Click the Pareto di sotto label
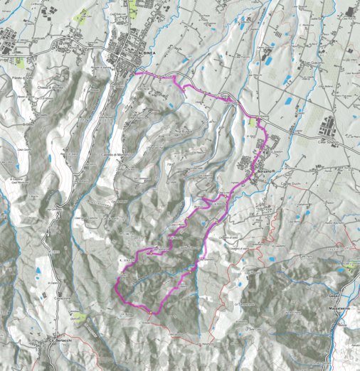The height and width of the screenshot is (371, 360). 23,78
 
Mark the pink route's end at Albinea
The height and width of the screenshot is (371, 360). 135,72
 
